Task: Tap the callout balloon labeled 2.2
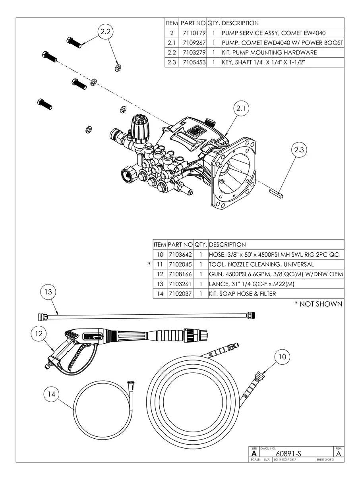[105, 32]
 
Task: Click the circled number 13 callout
[48, 292]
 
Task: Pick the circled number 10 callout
[282, 357]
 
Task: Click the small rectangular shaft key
[277, 194]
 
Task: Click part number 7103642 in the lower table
[180, 255]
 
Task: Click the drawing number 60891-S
[288, 453]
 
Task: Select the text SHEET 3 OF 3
[325, 460]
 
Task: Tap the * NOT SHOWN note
[318, 304]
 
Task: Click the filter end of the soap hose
[130, 385]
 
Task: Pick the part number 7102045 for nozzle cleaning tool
[180, 264]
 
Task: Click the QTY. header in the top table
[213, 23]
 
